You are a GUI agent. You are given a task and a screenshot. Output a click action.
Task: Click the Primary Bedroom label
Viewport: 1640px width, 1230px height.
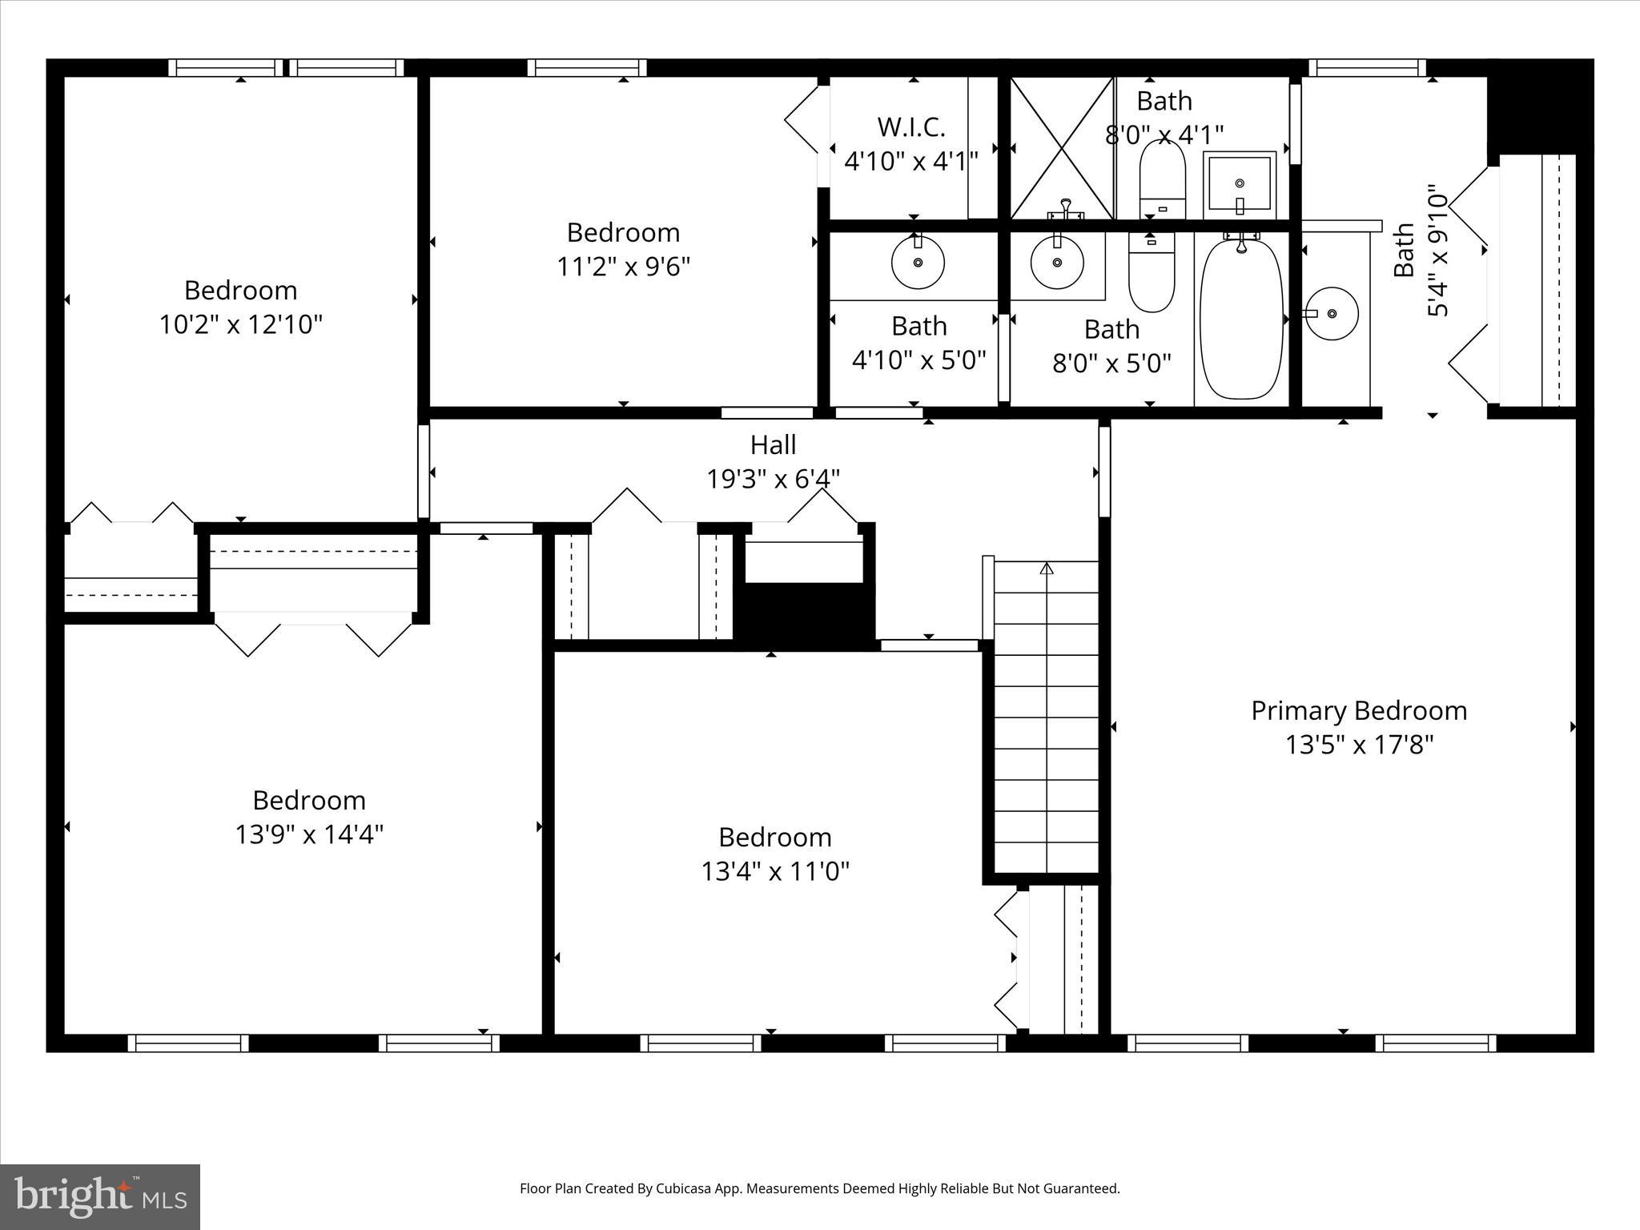click(x=1359, y=710)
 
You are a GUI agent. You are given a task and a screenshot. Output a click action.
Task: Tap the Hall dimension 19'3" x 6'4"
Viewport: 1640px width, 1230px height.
click(x=773, y=479)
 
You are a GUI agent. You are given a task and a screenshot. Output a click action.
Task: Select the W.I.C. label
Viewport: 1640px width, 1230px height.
click(x=911, y=127)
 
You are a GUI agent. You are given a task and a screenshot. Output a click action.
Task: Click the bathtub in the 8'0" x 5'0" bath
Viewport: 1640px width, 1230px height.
click(x=1241, y=319)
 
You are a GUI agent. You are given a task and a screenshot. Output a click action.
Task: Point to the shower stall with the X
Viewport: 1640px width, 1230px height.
click(x=1061, y=148)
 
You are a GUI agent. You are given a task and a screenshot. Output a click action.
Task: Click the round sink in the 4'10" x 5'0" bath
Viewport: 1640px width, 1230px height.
click(x=918, y=262)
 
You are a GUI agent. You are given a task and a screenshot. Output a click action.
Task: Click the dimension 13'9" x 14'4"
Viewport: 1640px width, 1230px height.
click(x=309, y=834)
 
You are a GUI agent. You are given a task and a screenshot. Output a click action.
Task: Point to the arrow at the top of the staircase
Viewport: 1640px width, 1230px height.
click(x=1047, y=569)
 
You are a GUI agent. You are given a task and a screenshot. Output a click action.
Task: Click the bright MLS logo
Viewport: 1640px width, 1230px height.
click(x=100, y=1196)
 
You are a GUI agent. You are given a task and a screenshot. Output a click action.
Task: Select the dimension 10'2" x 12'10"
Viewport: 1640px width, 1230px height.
click(x=240, y=324)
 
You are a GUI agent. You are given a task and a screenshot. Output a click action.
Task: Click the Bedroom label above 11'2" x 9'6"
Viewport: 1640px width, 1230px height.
click(x=623, y=232)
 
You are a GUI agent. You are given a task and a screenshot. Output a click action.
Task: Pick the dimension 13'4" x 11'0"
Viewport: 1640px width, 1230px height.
click(x=774, y=870)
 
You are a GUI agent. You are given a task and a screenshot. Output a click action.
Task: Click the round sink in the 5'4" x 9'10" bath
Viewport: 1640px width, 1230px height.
click(x=1332, y=313)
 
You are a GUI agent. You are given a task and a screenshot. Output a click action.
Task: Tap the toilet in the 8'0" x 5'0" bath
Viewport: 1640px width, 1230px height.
click(x=1152, y=276)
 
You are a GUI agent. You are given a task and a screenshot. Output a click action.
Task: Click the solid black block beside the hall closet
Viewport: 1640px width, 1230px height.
click(x=805, y=613)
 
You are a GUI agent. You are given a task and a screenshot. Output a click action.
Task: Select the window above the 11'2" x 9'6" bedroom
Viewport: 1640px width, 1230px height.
click(x=587, y=68)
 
